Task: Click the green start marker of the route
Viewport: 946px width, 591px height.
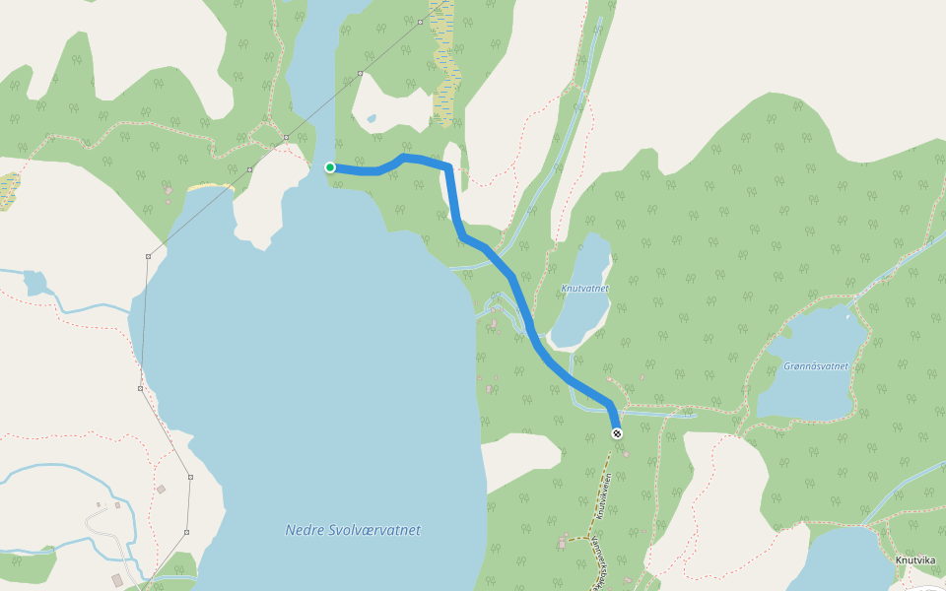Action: coord(330,167)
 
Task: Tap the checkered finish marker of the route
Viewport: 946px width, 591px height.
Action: coord(617,433)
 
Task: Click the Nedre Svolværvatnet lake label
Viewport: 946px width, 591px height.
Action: coord(353,530)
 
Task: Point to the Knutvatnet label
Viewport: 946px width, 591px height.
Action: coord(584,289)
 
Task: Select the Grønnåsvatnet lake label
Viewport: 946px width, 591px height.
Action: coord(816,365)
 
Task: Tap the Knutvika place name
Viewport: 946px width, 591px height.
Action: coord(915,559)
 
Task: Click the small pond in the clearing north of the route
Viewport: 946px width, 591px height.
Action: coord(371,119)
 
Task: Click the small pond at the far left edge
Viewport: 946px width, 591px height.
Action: coord(34,283)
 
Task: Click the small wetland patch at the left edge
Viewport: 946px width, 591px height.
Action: coord(8,189)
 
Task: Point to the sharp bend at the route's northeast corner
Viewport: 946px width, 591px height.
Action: coord(448,167)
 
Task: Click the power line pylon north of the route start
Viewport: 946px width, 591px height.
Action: coord(361,73)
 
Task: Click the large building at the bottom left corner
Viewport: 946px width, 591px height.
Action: coord(118,579)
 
